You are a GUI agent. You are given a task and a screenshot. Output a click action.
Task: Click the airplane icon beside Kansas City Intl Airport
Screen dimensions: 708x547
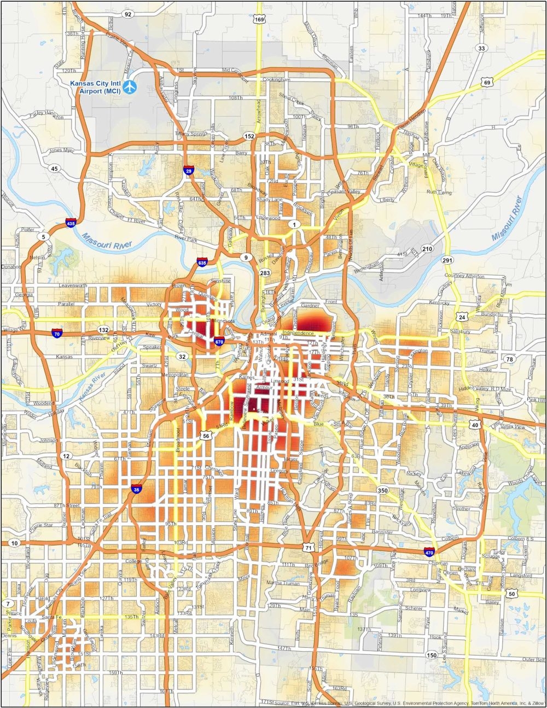[x=130, y=86]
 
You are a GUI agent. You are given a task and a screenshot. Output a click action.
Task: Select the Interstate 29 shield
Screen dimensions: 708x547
[x=189, y=171]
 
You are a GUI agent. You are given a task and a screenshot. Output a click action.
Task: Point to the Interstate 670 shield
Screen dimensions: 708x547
[x=219, y=341]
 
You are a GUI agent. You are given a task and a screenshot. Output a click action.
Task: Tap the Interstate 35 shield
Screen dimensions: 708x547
[x=136, y=490]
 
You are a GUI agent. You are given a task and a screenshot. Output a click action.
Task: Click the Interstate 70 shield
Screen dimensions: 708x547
[x=56, y=332]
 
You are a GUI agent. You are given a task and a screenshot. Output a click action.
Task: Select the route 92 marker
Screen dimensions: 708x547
[x=128, y=14]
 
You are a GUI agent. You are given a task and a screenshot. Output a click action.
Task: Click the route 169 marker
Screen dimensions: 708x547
[x=259, y=20]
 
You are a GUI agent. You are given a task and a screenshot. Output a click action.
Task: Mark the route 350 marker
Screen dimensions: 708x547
[x=383, y=490]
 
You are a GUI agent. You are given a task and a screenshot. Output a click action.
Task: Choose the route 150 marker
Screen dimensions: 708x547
[x=432, y=655]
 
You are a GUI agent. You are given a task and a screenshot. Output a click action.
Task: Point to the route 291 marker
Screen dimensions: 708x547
[x=448, y=260]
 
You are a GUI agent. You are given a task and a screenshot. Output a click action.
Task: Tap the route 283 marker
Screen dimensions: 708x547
[x=265, y=272]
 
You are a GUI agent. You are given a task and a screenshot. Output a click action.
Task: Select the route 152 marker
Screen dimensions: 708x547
[x=250, y=136]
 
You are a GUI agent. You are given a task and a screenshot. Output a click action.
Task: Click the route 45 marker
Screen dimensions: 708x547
[x=54, y=169]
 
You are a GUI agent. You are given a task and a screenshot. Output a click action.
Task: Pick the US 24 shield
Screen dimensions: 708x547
[x=462, y=317]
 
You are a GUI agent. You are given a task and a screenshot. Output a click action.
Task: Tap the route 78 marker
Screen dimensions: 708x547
[x=509, y=359]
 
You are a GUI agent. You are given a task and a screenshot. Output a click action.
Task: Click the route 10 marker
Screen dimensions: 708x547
[x=15, y=543]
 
